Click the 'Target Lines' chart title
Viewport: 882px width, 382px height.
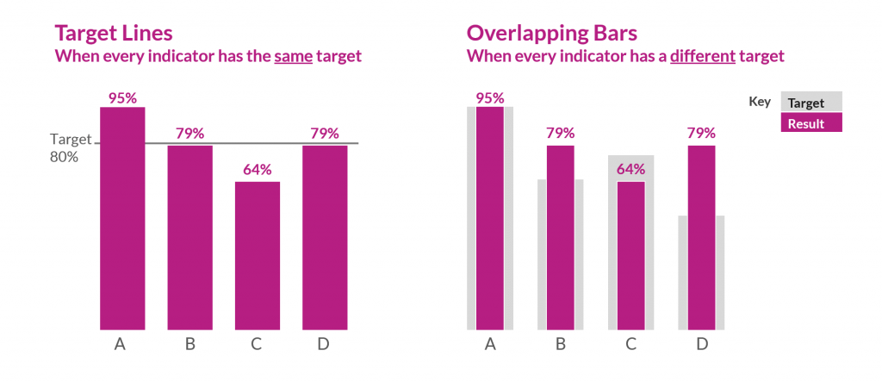113,34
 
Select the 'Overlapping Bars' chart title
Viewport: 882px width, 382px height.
552,34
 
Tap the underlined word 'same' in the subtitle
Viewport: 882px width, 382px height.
293,56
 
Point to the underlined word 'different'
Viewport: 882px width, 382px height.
703,56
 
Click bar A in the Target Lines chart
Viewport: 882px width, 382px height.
122,218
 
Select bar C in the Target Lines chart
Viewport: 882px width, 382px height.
257,255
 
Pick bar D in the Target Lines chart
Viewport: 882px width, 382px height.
325,237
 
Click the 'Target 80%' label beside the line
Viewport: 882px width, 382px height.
71,147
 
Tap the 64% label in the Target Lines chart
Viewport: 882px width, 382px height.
257,170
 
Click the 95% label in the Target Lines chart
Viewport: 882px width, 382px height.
122,98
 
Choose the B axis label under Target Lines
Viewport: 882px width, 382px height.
190,344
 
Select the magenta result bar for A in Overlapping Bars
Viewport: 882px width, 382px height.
490,218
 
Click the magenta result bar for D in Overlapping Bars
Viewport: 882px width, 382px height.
701,237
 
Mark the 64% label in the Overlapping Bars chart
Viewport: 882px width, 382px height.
630,170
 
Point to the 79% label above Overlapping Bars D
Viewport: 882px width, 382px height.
701,134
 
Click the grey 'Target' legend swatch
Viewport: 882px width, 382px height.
811,102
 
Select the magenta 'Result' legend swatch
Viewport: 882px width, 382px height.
811,122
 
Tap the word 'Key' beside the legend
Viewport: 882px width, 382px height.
760,102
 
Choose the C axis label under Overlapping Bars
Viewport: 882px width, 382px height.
630,344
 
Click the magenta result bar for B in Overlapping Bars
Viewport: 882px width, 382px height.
560,237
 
